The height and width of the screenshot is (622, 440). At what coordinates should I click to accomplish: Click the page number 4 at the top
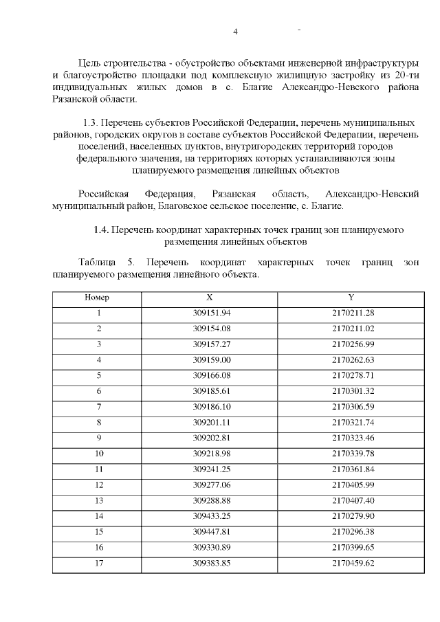pyautogui.click(x=235, y=32)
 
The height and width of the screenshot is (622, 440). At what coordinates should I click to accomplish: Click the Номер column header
pyautogui.click(x=97, y=298)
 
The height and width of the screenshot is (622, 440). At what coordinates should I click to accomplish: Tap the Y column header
pyautogui.click(x=351, y=298)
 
